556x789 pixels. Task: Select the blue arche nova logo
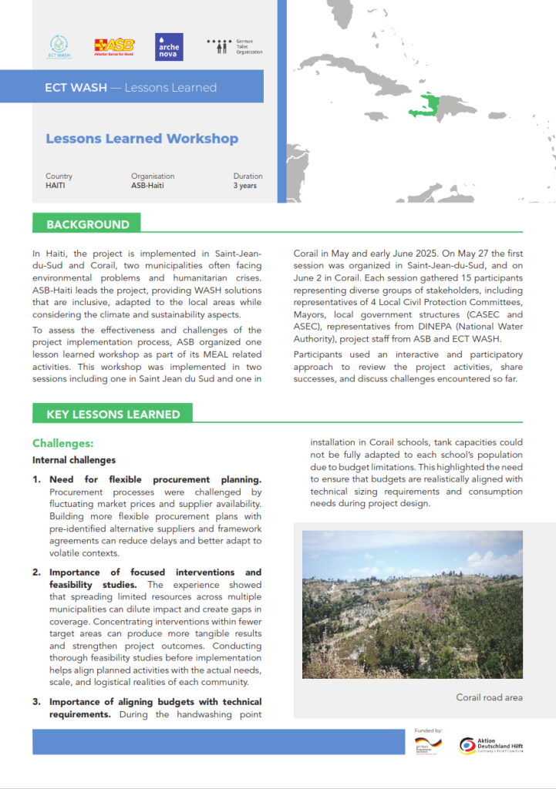pyautogui.click(x=169, y=46)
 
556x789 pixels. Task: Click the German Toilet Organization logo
pyautogui.click(x=235, y=46)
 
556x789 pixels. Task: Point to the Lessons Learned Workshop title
pyautogui.click(x=142, y=139)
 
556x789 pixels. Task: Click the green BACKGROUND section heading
pyautogui.click(x=87, y=224)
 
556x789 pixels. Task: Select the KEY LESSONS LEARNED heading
pyautogui.click(x=113, y=414)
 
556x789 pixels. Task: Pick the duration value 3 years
pyautogui.click(x=246, y=186)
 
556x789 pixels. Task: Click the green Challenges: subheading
pyautogui.click(x=63, y=444)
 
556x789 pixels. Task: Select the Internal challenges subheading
pyautogui.click(x=74, y=460)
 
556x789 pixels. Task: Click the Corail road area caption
pyautogui.click(x=489, y=697)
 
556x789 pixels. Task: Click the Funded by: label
pyautogui.click(x=428, y=730)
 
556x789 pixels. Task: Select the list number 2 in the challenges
pyautogui.click(x=36, y=572)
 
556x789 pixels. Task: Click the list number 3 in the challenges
pyautogui.click(x=36, y=702)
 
